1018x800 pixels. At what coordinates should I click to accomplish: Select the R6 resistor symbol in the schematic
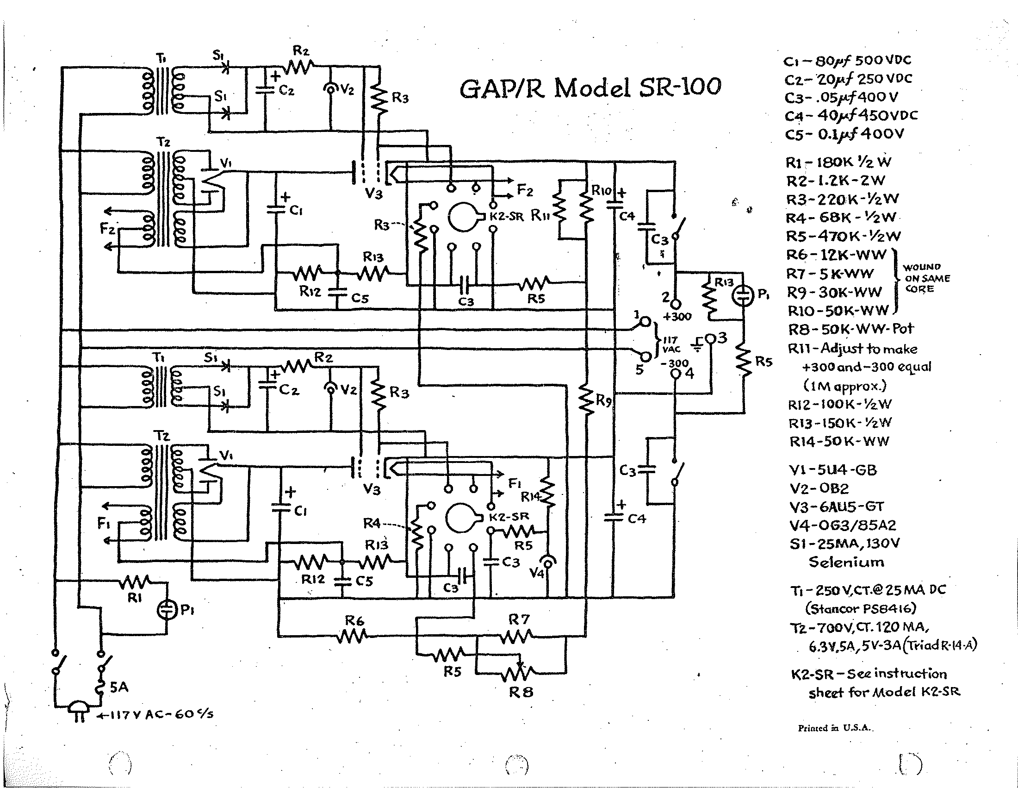(x=353, y=636)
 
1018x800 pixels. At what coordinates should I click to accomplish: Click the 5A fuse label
(x=119, y=687)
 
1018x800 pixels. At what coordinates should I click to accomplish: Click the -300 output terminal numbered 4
(x=676, y=374)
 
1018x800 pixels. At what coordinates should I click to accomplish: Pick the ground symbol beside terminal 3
(x=697, y=344)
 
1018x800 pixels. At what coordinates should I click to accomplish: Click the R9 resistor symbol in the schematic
(x=585, y=399)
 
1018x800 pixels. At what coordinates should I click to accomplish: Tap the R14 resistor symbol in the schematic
(x=547, y=492)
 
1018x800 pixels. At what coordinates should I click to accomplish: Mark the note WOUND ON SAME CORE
(x=926, y=278)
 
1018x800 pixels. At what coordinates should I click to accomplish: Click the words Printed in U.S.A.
(x=835, y=728)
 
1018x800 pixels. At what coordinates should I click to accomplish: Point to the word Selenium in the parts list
(x=846, y=562)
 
